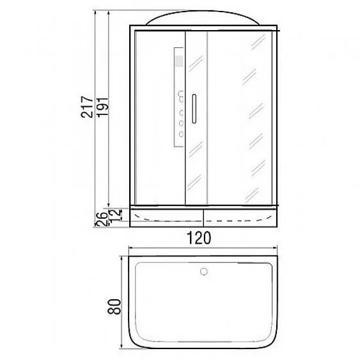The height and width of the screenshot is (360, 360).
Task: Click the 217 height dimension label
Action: [x=87, y=107]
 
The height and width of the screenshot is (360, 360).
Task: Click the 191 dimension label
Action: [x=102, y=107]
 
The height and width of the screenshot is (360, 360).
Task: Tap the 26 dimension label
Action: [x=101, y=219]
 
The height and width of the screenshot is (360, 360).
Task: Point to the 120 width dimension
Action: [x=199, y=238]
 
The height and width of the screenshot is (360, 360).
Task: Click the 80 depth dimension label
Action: [x=114, y=306]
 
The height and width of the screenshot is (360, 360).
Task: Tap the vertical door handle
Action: [x=194, y=109]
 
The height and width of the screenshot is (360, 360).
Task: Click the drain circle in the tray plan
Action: [x=203, y=272]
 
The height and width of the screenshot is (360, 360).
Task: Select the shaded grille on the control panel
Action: [x=179, y=61]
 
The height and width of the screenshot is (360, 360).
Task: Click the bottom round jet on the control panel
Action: [x=181, y=134]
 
